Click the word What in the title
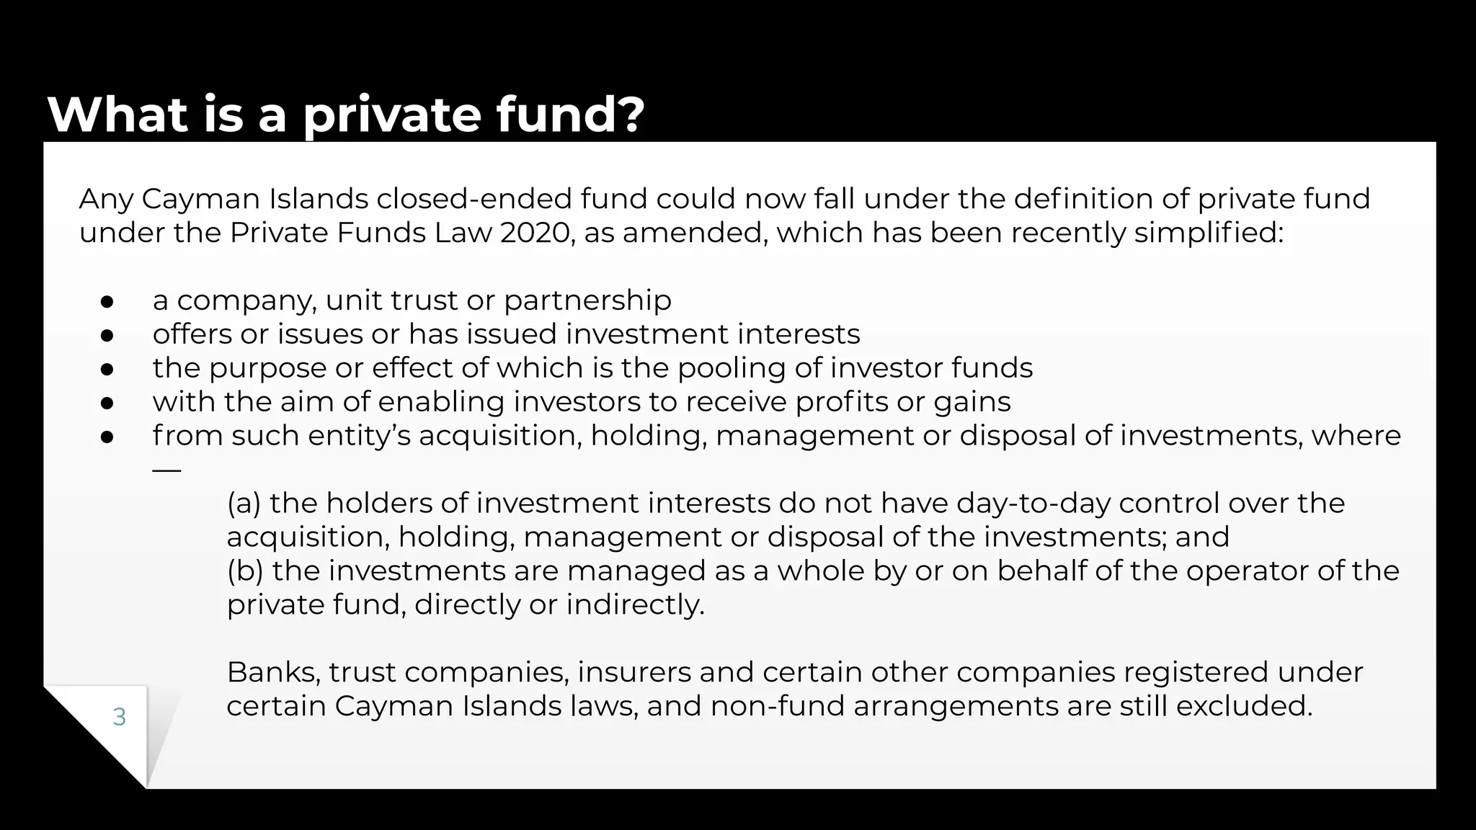tap(117, 115)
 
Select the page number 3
tap(120, 717)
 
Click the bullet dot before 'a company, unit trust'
tap(107, 302)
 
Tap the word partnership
tap(587, 300)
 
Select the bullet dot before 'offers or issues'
tap(107, 336)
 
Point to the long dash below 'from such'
tap(166, 470)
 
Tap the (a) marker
tap(244, 504)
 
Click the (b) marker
tap(245, 571)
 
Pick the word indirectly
tap(635, 604)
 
